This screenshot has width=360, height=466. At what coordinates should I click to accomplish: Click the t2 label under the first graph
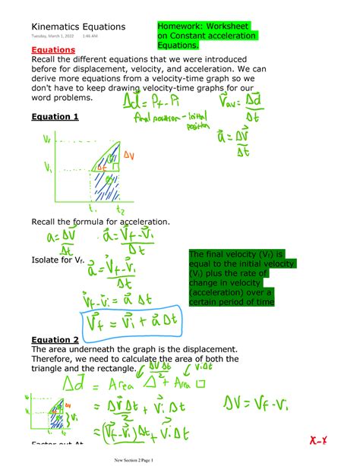(x=119, y=210)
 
